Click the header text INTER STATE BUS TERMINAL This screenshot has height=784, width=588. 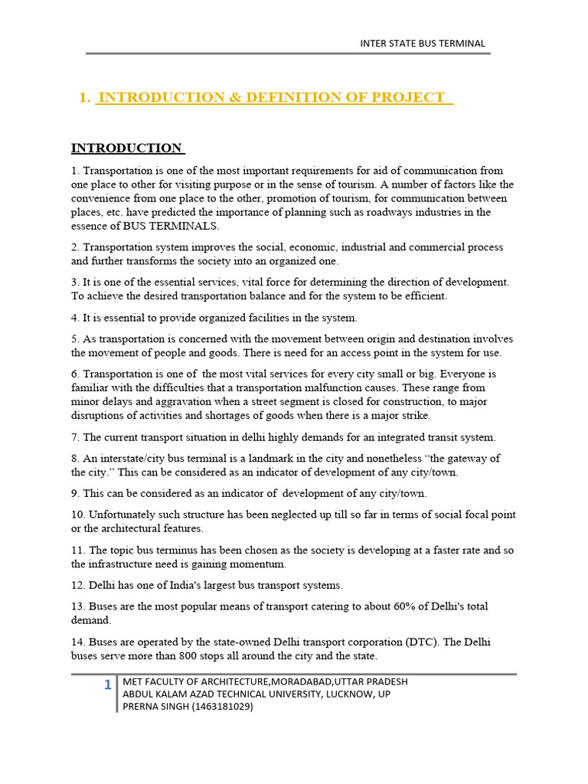[x=423, y=43]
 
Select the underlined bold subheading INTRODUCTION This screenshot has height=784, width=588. [x=127, y=148]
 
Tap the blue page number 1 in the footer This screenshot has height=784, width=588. [x=108, y=684]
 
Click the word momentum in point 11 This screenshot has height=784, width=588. [x=260, y=564]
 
